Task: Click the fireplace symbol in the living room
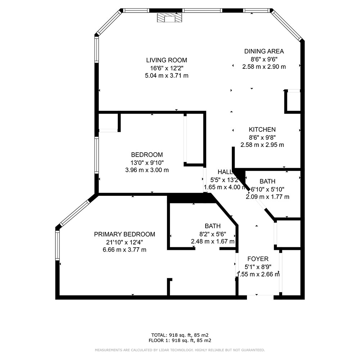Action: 170,18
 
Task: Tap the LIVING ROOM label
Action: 167,60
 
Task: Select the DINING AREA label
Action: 264,51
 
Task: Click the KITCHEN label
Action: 262,130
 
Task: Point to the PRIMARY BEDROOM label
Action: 125,234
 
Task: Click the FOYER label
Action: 258,259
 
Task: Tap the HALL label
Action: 225,172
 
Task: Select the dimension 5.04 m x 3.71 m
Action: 167,76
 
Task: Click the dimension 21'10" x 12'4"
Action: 125,242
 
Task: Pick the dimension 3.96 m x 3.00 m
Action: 147,170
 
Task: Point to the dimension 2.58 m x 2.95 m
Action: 262,145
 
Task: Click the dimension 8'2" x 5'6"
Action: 213,234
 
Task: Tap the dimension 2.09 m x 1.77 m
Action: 267,197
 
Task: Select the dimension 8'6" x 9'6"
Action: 264,59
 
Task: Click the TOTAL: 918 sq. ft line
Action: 180,335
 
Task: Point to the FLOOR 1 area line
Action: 180,341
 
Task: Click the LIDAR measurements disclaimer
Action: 180,350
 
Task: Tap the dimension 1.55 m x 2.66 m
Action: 258,274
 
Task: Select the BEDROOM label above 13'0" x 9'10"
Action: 147,154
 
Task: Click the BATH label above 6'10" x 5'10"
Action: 267,181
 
